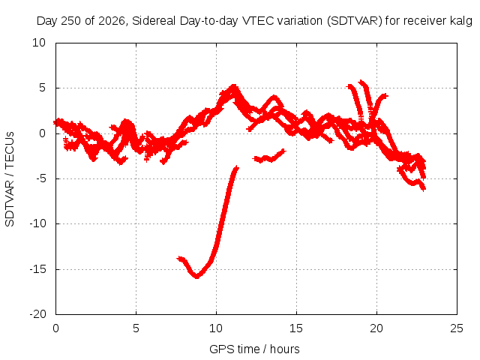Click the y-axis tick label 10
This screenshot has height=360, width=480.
(x=39, y=43)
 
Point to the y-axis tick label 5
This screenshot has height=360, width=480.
(x=42, y=88)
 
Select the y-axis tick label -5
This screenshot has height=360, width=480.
(x=40, y=178)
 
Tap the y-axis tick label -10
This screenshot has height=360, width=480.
(x=37, y=223)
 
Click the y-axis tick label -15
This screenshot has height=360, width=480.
(x=37, y=269)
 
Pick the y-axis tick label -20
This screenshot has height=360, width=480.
(x=37, y=314)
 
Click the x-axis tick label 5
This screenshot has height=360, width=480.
(x=136, y=328)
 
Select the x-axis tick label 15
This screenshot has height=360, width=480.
(x=296, y=328)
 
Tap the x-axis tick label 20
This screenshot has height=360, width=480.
(x=376, y=328)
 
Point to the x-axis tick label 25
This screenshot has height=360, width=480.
(x=457, y=328)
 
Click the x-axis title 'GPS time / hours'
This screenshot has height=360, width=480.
(x=254, y=349)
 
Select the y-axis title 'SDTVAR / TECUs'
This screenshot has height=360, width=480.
(x=10, y=179)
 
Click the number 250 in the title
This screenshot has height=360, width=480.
(x=71, y=21)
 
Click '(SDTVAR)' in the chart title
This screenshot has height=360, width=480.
(x=355, y=21)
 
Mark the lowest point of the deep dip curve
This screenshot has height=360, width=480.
(x=196, y=277)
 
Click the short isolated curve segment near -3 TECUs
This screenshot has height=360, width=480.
(x=269, y=156)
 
